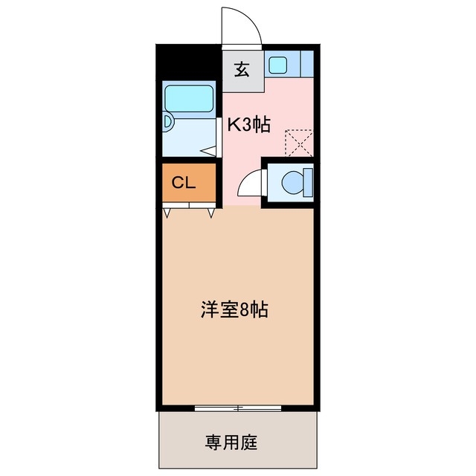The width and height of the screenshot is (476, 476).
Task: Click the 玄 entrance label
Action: click(242, 71)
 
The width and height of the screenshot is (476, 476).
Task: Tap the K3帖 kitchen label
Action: click(248, 125)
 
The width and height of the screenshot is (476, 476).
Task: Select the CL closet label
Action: click(184, 183)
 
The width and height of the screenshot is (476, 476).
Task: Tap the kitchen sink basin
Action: click(278, 65)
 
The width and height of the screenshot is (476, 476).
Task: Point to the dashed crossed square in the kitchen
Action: click(300, 142)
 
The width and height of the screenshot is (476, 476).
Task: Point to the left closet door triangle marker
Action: click(167, 213)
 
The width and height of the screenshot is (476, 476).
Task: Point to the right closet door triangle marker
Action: click(210, 213)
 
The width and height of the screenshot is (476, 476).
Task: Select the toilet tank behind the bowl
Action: click(308, 181)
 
